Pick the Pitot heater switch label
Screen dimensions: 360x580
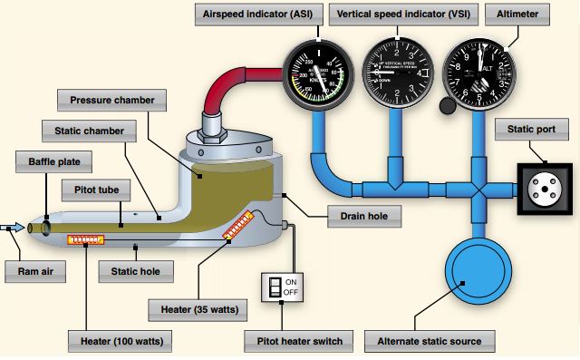(295, 341)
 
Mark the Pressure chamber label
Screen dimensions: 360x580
(106, 97)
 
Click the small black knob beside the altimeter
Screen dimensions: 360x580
(446, 106)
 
